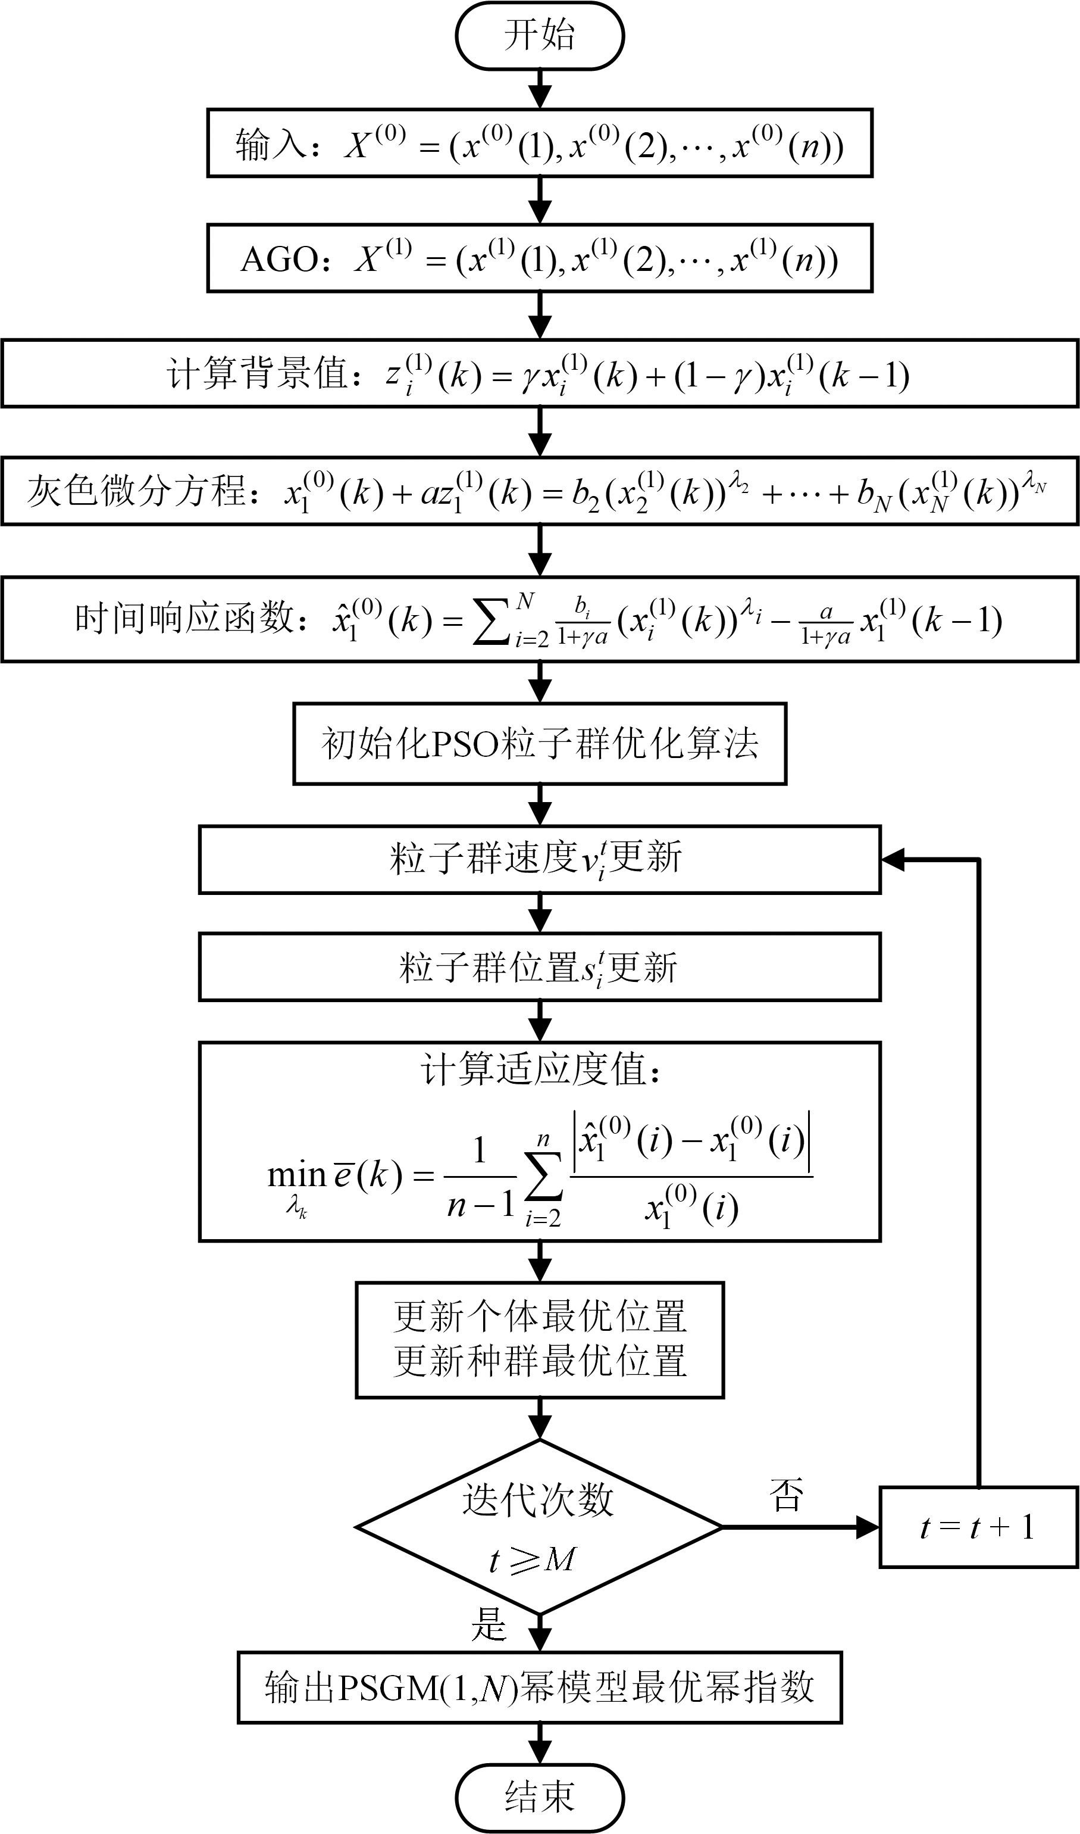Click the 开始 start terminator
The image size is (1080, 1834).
pyautogui.click(x=539, y=35)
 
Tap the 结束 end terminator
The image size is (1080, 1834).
pyautogui.click(x=539, y=1797)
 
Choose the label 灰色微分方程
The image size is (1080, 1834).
pyautogui.click(x=137, y=490)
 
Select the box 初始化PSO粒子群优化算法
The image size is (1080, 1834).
pyautogui.click(x=539, y=743)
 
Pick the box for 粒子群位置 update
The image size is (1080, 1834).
pyautogui.click(x=539, y=967)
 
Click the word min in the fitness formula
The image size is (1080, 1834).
pyautogui.click(x=296, y=1174)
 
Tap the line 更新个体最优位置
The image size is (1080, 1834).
pyautogui.click(x=539, y=1317)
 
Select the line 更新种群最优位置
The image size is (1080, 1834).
pyautogui.click(x=539, y=1360)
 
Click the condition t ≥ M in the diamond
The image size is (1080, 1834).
pyautogui.click(x=533, y=1559)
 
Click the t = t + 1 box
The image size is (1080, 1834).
pyautogui.click(x=978, y=1527)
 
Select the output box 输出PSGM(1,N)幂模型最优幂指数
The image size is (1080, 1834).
pyautogui.click(x=539, y=1687)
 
